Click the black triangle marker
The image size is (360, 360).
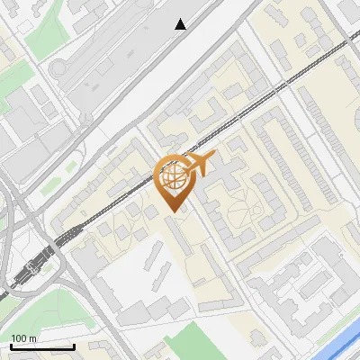point(181,24)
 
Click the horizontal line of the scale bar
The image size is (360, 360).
point(42,347)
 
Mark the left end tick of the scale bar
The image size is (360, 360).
point(11,346)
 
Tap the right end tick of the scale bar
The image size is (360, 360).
point(74,346)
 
